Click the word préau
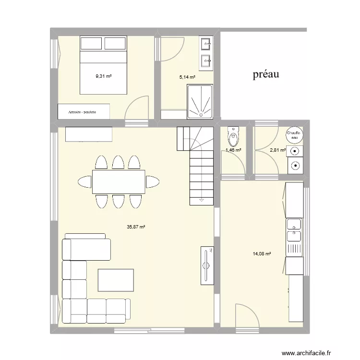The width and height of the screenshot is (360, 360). coord(266,74)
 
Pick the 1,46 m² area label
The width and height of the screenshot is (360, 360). coord(233,150)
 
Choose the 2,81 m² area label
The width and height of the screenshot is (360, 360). coord(277,150)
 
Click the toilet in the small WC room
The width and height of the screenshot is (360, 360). coord(233,136)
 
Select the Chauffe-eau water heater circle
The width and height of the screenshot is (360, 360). coord(293,135)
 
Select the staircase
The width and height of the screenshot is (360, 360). coord(196,163)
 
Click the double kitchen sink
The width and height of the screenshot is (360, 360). coord(294,230)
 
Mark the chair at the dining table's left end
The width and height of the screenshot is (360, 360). coord(84,182)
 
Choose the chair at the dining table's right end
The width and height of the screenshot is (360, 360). coord(153,182)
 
